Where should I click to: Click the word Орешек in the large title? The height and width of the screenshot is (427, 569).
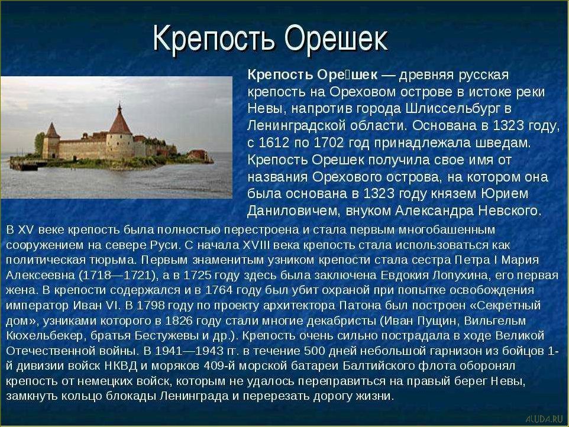coord(336,39)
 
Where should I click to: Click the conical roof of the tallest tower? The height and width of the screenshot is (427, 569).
coord(121,120)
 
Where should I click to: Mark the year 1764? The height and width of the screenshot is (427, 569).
coord(224,291)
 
